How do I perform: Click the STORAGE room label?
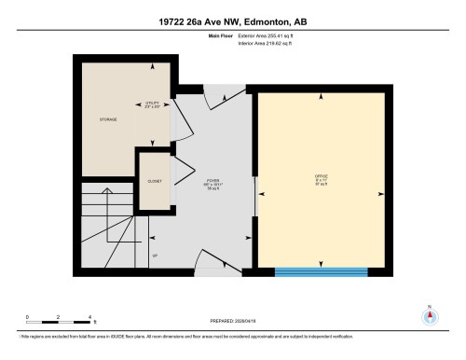[108, 119]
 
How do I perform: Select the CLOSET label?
[155, 182]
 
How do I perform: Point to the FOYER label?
[213, 185]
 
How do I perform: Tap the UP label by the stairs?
[154, 254]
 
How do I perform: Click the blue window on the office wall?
[319, 272]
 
